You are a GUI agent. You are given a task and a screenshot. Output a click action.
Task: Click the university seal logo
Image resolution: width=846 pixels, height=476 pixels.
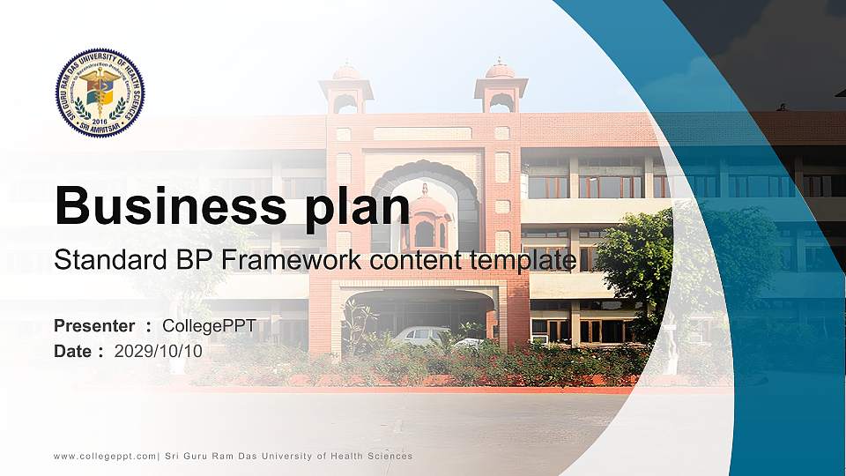click(x=100, y=93)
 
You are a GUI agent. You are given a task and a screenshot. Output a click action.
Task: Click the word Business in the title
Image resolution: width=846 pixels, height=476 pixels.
click(x=162, y=205)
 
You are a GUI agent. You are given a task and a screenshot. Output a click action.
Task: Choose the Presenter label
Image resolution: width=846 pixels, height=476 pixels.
click(x=94, y=326)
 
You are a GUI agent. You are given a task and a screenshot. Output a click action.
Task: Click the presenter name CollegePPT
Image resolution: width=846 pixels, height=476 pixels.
click(x=209, y=326)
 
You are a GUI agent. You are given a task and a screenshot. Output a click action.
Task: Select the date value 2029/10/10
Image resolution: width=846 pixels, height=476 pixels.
click(x=159, y=352)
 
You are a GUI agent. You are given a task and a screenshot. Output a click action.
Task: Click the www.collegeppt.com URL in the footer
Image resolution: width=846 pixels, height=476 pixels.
click(x=105, y=457)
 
